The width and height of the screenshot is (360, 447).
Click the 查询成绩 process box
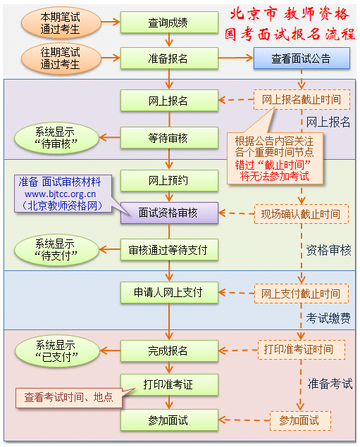click(168, 23)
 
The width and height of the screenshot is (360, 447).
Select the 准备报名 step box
click(168, 58)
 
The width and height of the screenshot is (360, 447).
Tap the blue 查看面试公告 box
click(301, 58)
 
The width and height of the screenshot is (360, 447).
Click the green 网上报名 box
click(168, 101)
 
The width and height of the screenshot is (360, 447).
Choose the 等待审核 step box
click(168, 137)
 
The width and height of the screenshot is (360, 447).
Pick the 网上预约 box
click(168, 182)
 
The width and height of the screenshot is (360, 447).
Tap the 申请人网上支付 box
click(168, 292)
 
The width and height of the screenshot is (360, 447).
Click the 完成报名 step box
click(168, 350)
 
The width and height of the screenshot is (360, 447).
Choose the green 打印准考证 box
click(168, 384)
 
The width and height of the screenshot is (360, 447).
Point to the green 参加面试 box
click(168, 420)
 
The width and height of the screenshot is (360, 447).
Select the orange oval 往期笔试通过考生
click(60, 58)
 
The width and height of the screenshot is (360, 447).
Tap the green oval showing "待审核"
click(55, 137)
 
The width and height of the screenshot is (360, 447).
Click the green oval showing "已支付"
click(55, 350)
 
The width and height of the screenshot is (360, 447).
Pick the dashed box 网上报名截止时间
click(301, 100)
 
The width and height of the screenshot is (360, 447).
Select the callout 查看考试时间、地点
click(68, 397)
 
